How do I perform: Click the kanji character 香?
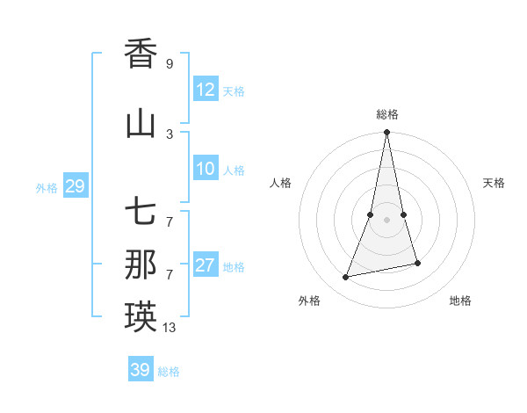[141, 54]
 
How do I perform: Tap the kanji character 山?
[141, 124]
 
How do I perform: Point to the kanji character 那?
[141, 265]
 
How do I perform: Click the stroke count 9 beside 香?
[169, 63]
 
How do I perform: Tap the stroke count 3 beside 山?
[169, 134]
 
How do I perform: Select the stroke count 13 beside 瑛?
[170, 328]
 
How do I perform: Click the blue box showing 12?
[206, 89]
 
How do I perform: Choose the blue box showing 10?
[206, 169]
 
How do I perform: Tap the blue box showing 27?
[206, 265]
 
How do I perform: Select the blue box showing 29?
[75, 186]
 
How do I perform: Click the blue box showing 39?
[141, 370]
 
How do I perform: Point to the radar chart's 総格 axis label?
[387, 114]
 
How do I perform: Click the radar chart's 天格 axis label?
[494, 183]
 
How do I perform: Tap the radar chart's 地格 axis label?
[460, 301]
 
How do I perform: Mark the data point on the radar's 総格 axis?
[386, 133]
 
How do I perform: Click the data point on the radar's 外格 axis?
[346, 278]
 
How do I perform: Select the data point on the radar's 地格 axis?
[417, 264]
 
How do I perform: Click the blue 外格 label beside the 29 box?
[47, 187]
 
